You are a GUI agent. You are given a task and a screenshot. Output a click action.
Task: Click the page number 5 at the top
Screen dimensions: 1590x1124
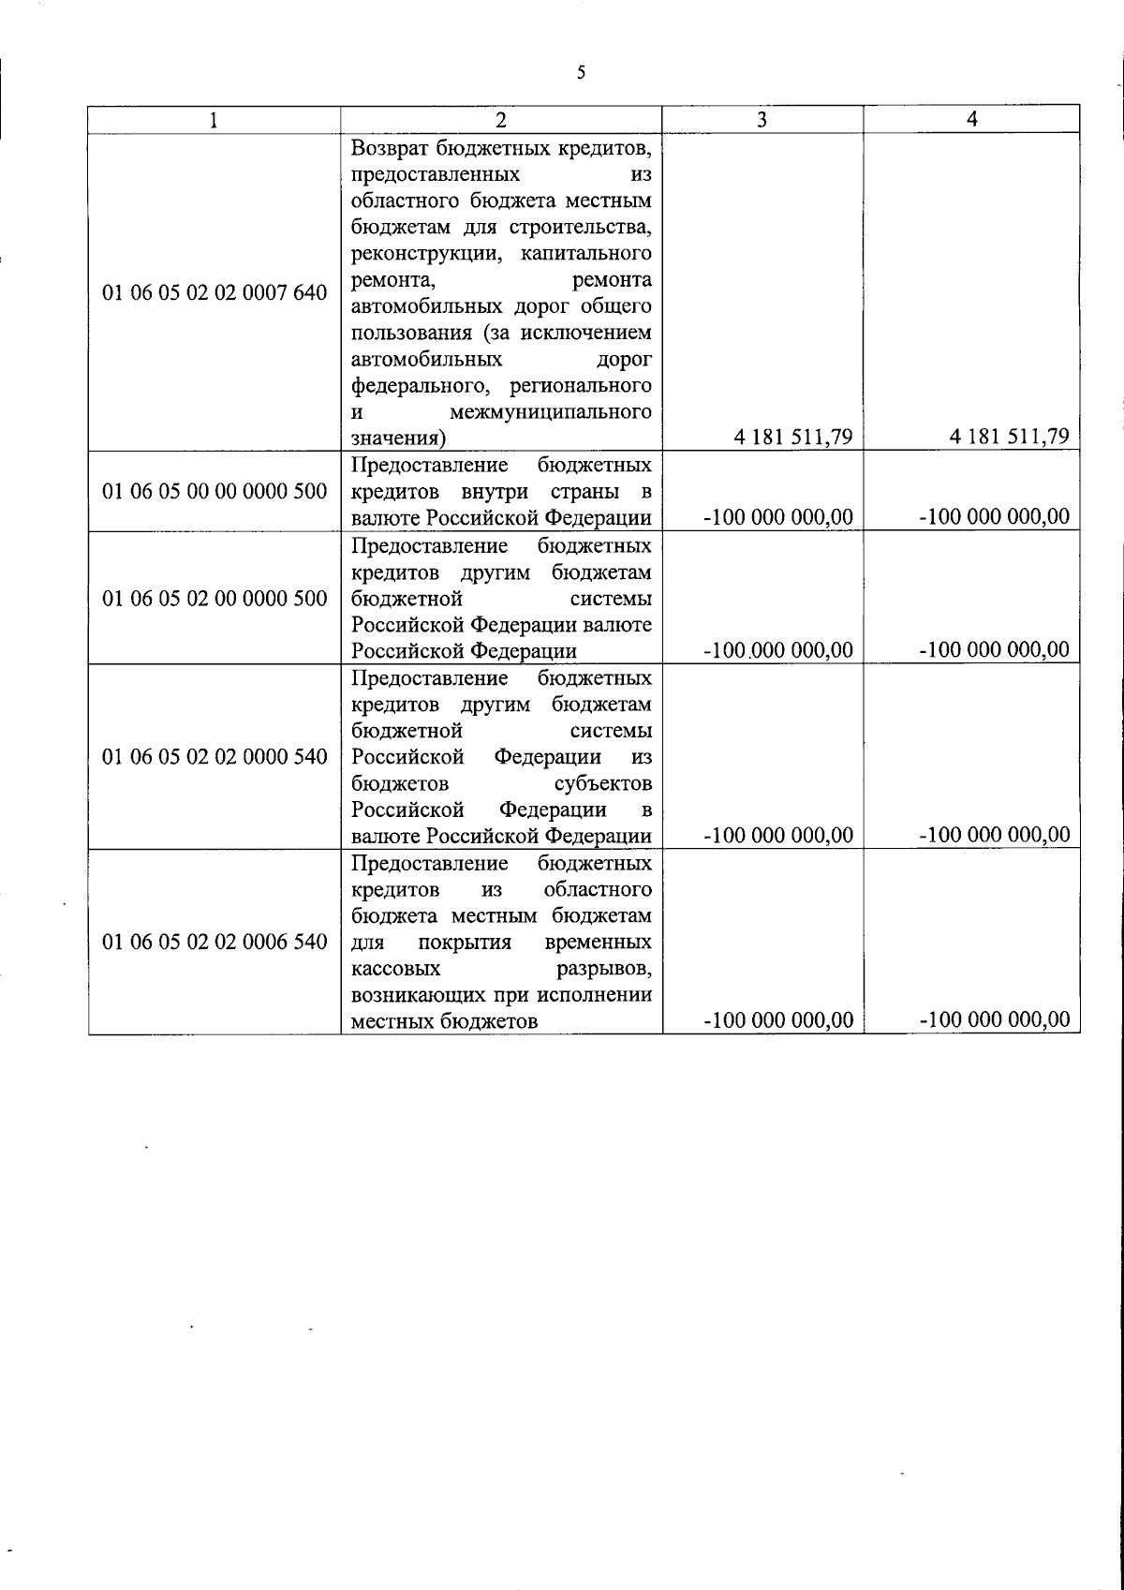[581, 73]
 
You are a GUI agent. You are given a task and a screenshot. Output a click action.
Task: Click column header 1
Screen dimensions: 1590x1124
[214, 120]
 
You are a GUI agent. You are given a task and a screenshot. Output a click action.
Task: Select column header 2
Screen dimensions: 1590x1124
[501, 120]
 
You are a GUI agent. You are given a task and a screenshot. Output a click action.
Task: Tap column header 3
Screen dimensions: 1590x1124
[762, 120]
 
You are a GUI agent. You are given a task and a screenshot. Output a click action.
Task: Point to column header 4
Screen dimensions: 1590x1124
[971, 120]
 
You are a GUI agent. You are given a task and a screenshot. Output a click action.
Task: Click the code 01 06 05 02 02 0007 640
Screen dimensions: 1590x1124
[214, 293]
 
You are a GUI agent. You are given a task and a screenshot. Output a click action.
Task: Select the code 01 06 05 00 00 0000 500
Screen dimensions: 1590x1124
[214, 492]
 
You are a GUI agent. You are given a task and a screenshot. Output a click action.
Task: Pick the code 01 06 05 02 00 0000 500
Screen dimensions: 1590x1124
[214, 599]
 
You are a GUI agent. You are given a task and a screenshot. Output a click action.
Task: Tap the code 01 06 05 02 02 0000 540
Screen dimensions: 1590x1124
[214, 756]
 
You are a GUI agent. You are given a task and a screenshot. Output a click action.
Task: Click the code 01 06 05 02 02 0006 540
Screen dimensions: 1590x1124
[214, 942]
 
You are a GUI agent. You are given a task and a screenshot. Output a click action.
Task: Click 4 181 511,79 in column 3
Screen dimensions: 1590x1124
[792, 438]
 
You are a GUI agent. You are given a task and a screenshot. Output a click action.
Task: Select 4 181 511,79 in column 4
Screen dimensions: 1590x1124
[1009, 437]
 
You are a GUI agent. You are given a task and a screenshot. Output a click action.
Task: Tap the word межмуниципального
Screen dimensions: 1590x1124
[550, 412]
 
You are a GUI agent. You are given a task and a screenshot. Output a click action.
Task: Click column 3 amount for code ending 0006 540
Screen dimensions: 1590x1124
[778, 1020]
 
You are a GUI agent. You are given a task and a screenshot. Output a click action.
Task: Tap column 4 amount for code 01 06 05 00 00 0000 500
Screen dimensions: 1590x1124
[995, 517]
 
